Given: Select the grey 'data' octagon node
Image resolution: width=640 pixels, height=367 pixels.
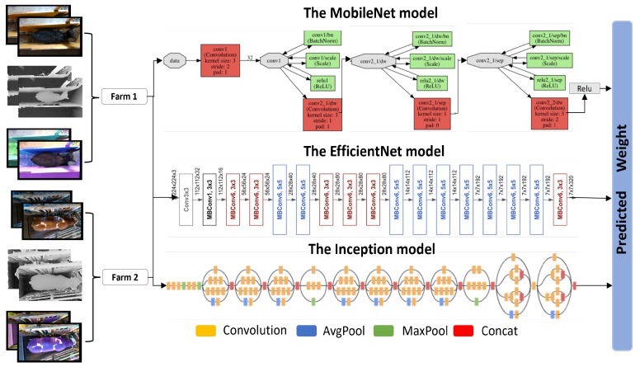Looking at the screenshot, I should (174, 59).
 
